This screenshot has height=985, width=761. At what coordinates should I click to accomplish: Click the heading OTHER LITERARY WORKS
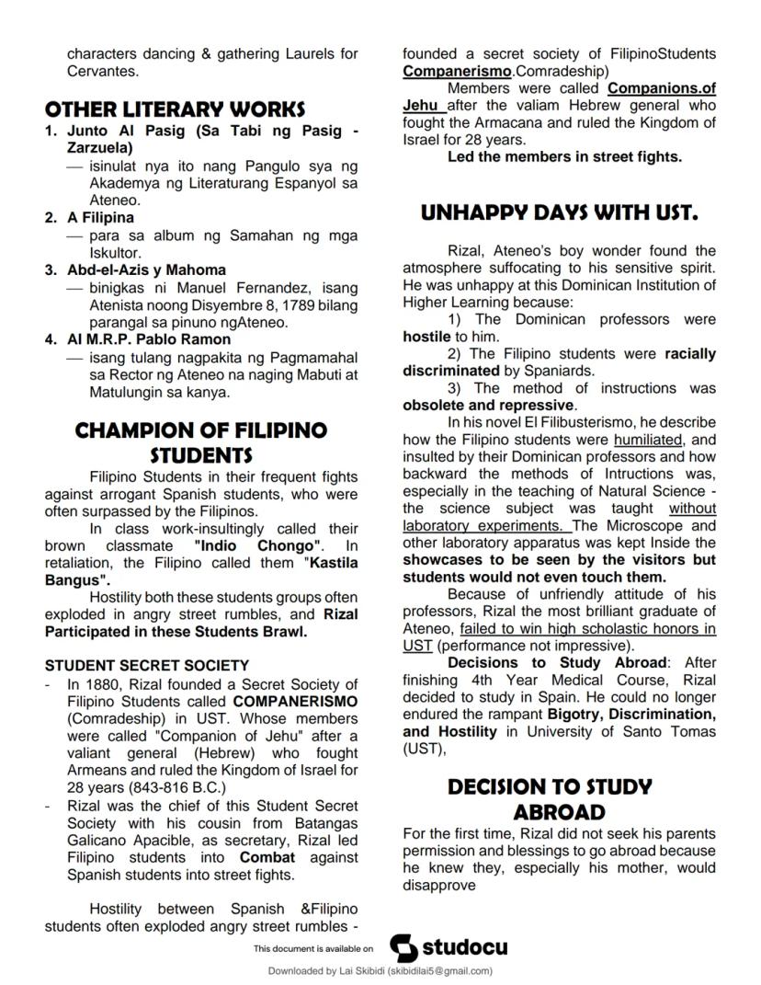click(175, 109)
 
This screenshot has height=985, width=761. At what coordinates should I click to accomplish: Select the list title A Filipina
click(100, 218)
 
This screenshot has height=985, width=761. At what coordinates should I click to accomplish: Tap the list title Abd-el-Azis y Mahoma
click(146, 270)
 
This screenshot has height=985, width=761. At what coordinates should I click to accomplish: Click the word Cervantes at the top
click(103, 71)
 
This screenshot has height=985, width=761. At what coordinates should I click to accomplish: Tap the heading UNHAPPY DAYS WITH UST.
click(559, 212)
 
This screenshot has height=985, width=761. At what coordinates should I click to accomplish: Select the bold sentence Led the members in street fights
click(564, 156)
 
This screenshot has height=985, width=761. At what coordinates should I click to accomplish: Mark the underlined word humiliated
click(648, 440)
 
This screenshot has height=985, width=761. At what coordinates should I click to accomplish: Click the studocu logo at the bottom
click(449, 948)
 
